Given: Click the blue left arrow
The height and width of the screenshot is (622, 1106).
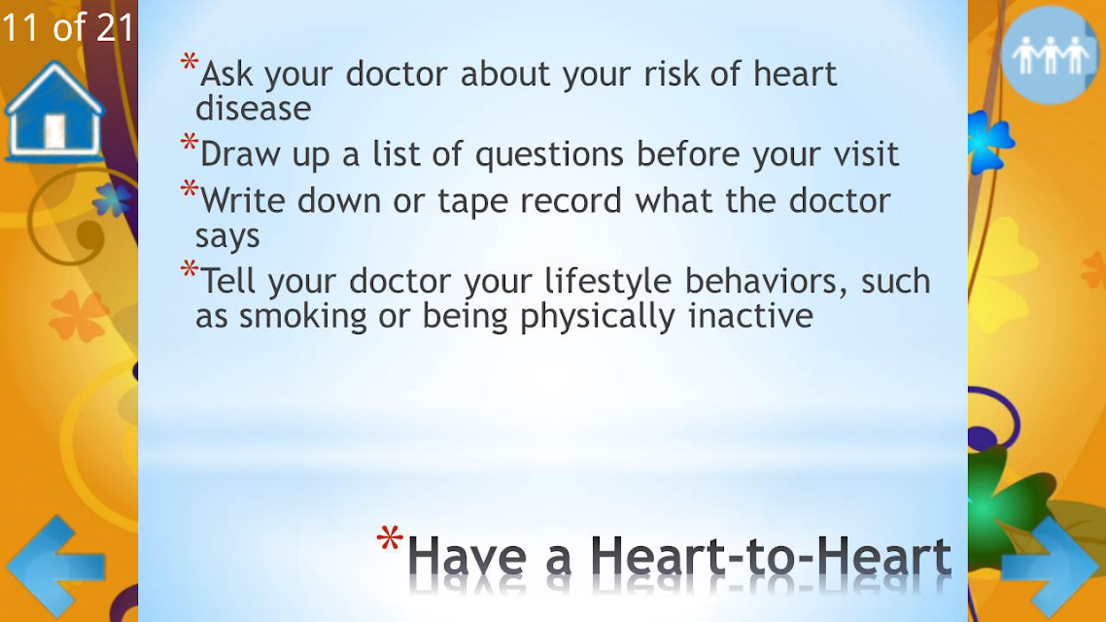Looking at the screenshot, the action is (x=55, y=566).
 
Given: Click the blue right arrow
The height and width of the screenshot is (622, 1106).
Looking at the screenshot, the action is (x=1051, y=566).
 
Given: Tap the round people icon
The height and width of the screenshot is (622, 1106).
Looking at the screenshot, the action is (x=1051, y=55).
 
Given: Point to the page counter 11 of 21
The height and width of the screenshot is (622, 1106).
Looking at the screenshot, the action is (x=68, y=27).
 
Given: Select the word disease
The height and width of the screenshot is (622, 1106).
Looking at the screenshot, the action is (x=254, y=109).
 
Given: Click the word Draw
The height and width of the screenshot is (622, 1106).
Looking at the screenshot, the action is (x=240, y=154).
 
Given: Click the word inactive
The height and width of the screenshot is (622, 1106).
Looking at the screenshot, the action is (x=750, y=315).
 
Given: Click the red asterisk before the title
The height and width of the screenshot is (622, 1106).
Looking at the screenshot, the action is (x=390, y=537).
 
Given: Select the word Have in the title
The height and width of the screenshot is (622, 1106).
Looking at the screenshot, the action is (x=467, y=556).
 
